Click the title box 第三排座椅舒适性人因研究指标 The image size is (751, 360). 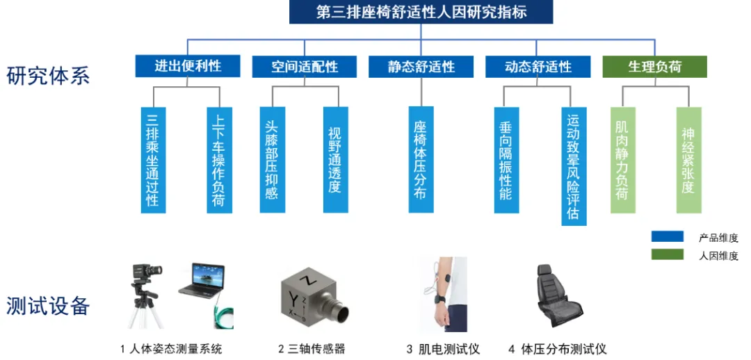click(x=421, y=12)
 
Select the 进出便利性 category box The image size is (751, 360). click(x=188, y=66)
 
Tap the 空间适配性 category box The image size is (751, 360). click(x=305, y=66)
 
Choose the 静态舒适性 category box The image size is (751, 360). click(x=421, y=66)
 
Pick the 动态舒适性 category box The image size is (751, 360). click(x=538, y=66)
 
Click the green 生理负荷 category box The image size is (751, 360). click(x=655, y=66)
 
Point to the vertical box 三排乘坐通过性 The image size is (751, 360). click(x=153, y=160)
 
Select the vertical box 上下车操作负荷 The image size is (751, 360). click(x=219, y=160)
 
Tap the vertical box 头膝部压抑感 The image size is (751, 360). click(x=273, y=160)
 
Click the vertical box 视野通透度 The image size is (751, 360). click(x=336, y=160)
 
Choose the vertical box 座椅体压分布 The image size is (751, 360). click(x=421, y=160)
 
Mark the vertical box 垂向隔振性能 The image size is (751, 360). click(x=506, y=160)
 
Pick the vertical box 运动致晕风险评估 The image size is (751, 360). click(x=574, y=166)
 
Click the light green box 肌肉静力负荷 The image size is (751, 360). click(x=622, y=160)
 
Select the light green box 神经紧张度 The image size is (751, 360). click(x=688, y=160)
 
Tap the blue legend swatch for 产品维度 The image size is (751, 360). click(x=667, y=236)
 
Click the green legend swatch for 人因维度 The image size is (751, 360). click(x=667, y=254)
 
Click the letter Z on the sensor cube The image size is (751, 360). click(x=304, y=279)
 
